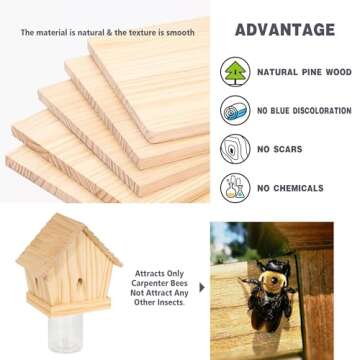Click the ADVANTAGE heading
(x=284, y=29)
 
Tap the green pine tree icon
(x=235, y=72)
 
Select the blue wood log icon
(x=235, y=110)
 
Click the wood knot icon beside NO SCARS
(x=235, y=149)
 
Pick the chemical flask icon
(x=235, y=187)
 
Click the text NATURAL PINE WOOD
(x=304, y=72)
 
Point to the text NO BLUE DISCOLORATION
(x=304, y=110)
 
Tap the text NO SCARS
(x=279, y=149)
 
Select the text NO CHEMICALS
(x=289, y=188)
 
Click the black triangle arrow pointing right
(x=202, y=287)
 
